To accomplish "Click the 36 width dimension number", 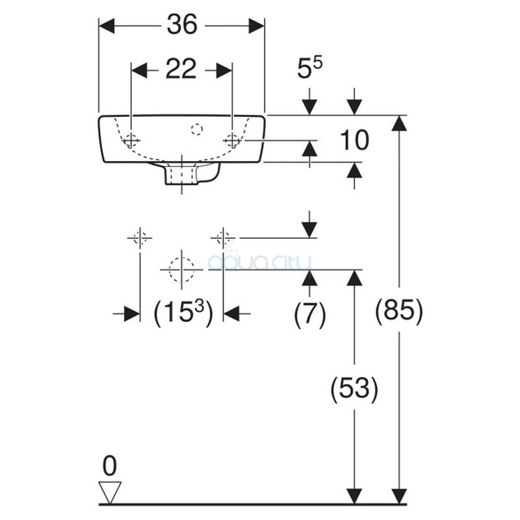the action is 182,25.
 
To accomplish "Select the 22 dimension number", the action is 181,69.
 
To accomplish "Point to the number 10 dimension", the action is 354,140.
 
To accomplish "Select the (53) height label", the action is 354,388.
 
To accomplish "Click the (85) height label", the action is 399,311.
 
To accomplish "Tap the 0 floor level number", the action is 110,466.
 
